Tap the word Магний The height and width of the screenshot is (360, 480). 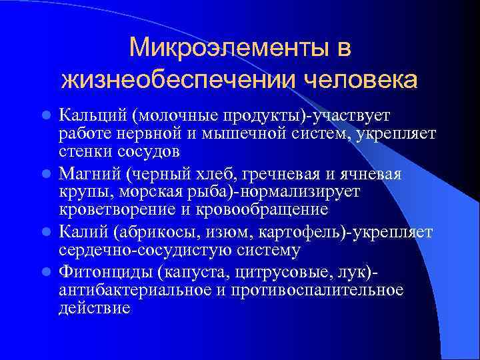click(86, 174)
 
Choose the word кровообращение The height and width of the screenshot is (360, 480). click(268, 209)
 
